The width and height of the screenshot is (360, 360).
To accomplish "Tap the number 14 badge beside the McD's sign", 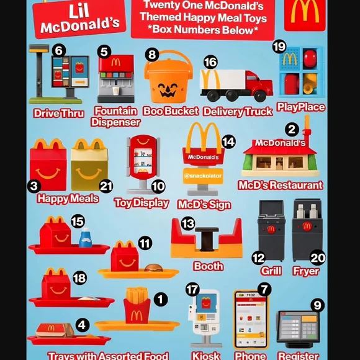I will [x=228, y=142].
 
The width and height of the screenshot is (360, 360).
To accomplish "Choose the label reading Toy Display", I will [x=142, y=203].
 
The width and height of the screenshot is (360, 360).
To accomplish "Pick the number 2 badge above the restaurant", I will [x=290, y=130].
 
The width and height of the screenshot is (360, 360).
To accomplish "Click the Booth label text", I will [x=209, y=266].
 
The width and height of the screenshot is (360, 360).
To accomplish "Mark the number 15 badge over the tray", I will [x=78, y=222].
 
